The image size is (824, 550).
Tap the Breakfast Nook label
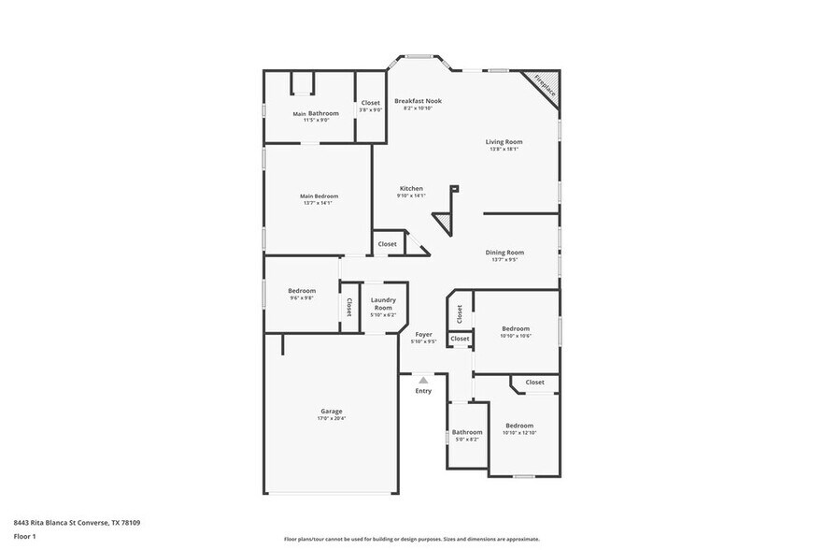click(418, 101)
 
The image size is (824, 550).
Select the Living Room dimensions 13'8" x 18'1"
click(504, 149)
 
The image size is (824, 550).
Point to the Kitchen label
click(411, 188)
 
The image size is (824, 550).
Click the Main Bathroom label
click(316, 113)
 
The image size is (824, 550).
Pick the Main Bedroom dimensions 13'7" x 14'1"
click(319, 203)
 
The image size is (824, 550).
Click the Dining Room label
click(504, 252)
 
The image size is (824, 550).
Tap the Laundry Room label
click(383, 304)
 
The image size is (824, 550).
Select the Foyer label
click(423, 334)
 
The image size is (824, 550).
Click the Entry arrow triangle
click(423, 380)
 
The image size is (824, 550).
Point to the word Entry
click(423, 391)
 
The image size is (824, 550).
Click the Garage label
click(332, 411)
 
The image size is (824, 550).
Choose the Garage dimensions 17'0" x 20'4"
click(332, 419)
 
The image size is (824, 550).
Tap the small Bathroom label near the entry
click(467, 432)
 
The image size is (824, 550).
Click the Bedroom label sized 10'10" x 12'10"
click(519, 425)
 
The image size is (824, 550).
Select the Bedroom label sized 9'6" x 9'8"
click(301, 291)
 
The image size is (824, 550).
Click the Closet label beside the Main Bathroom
click(371, 102)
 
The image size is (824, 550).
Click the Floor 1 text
click(25, 536)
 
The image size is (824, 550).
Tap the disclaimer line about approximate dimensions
click(411, 539)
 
